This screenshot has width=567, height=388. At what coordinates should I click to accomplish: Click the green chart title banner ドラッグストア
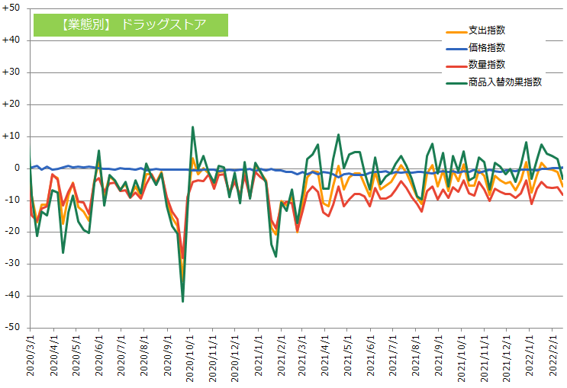(130, 24)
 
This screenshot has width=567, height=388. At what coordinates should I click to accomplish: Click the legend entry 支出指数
(486, 31)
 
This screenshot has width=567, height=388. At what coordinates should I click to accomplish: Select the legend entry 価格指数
(486, 48)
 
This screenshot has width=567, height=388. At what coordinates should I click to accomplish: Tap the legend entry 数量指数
(486, 65)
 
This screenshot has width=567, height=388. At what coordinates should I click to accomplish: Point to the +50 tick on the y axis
(12, 8)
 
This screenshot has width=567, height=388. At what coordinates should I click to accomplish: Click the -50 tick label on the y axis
(12, 327)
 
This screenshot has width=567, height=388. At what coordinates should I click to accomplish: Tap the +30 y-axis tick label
(12, 72)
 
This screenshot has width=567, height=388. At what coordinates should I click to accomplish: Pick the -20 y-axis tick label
(12, 232)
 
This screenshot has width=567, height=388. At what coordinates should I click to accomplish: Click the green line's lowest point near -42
(182, 302)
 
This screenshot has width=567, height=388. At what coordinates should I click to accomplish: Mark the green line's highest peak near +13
(192, 127)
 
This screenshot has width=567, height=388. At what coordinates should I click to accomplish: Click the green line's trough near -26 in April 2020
(63, 252)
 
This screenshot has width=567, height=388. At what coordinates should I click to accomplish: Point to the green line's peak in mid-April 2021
(338, 135)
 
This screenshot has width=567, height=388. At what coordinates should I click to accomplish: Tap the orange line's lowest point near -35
(182, 279)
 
